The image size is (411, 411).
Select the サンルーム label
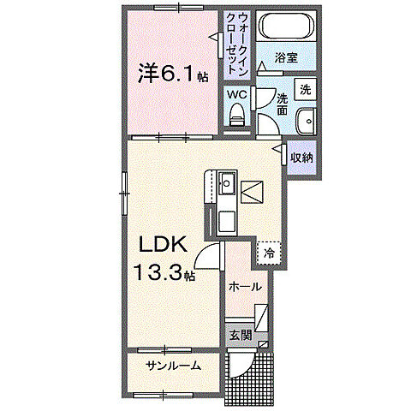pyautogui.click(x=173, y=366)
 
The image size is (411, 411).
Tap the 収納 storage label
pyautogui.click(x=301, y=157)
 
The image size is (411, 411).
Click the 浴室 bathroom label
pyautogui.click(x=286, y=58)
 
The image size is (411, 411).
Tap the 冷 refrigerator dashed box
pyautogui.click(x=269, y=253)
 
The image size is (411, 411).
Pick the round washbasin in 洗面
pyautogui.click(x=306, y=121)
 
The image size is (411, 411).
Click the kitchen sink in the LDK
pyautogui.click(x=226, y=185)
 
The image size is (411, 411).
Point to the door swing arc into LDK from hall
pyautogui.click(x=207, y=253)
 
